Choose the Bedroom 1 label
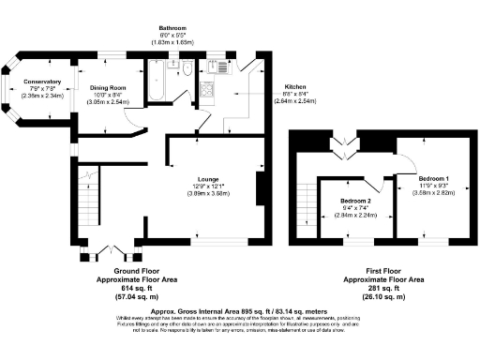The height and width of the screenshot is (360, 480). pos(432,178)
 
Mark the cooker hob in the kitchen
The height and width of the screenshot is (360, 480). pos(208,92)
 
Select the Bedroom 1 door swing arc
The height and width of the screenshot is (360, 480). pos(405,165)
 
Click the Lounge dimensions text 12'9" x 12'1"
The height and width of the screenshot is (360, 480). pos(209,187)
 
